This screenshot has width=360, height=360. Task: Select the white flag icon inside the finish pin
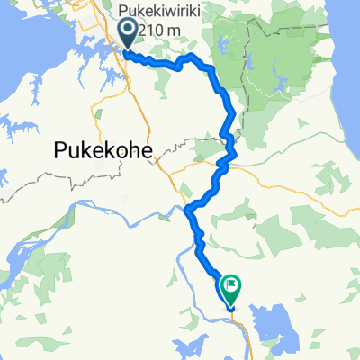(232, 287)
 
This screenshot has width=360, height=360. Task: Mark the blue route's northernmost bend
(190, 58)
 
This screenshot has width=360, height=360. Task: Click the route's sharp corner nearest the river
(187, 211)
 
